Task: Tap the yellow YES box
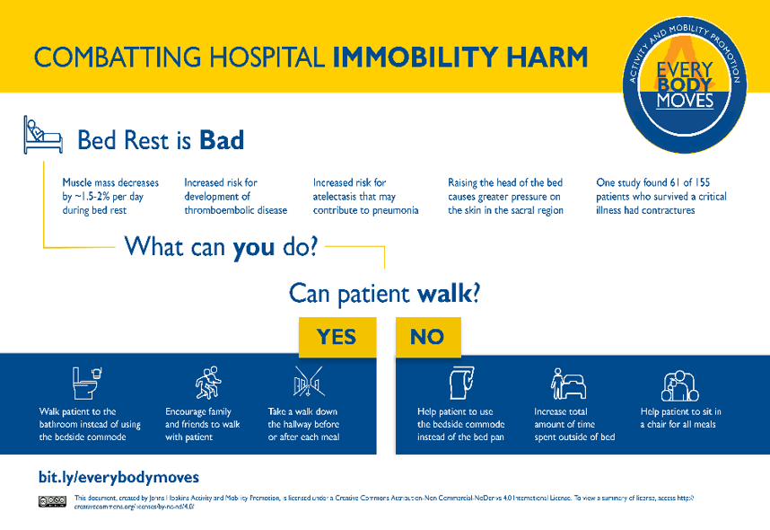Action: pyautogui.click(x=337, y=336)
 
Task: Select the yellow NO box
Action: pyautogui.click(x=427, y=336)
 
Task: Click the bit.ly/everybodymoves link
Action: pyautogui.click(x=118, y=477)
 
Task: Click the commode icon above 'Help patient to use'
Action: pyautogui.click(x=459, y=383)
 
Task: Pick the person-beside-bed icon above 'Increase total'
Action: pyautogui.click(x=569, y=384)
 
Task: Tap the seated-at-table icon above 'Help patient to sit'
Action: pyautogui.click(x=679, y=384)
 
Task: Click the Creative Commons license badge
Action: pyautogui.click(x=52, y=501)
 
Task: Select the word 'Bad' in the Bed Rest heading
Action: pyautogui.click(x=222, y=140)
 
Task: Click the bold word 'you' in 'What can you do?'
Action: pyautogui.click(x=253, y=246)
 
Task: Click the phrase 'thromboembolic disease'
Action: pyautogui.click(x=236, y=210)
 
